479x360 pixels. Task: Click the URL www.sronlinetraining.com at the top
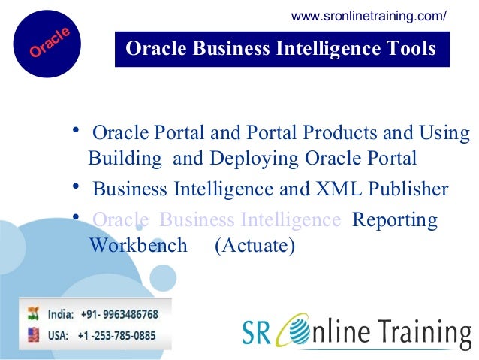[369, 16]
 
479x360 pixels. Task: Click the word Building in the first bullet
[125, 159]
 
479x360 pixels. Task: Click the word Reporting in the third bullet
[395, 220]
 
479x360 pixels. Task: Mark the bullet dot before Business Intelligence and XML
[77, 185]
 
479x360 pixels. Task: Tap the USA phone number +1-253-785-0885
[116, 335]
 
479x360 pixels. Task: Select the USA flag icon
[34, 334]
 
